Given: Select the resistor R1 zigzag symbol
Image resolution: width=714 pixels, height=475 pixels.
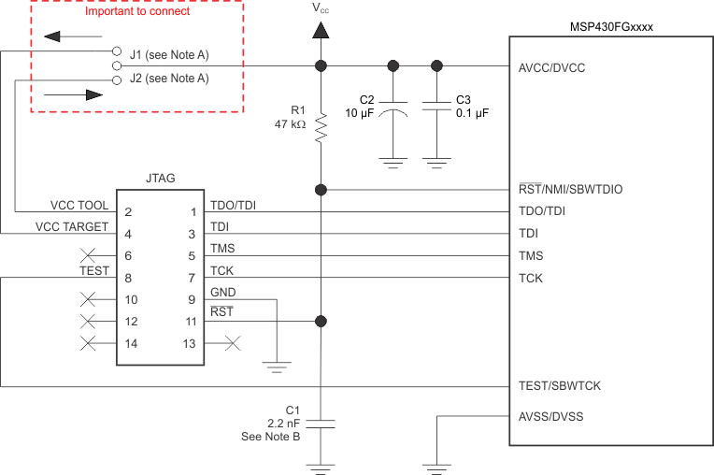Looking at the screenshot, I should tap(321, 128).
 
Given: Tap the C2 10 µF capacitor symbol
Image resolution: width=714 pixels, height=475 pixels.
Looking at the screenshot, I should tap(393, 109).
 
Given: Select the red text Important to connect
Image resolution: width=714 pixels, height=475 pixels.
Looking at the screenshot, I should tap(137, 11).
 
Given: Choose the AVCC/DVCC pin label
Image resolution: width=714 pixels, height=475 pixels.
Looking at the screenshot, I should tap(550, 68).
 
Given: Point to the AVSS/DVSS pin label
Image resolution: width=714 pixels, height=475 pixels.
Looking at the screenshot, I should tap(550, 416).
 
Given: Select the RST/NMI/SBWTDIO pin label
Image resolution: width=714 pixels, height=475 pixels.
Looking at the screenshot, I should tap(570, 189).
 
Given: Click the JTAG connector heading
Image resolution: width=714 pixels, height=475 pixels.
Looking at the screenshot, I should tap(160, 178).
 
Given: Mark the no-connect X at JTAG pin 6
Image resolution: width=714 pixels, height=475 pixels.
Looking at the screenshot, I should tap(90, 255).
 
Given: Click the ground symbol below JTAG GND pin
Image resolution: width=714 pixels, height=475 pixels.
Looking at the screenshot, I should tap(278, 366).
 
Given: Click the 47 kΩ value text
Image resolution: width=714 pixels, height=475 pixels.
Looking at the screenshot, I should tap(292, 123).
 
